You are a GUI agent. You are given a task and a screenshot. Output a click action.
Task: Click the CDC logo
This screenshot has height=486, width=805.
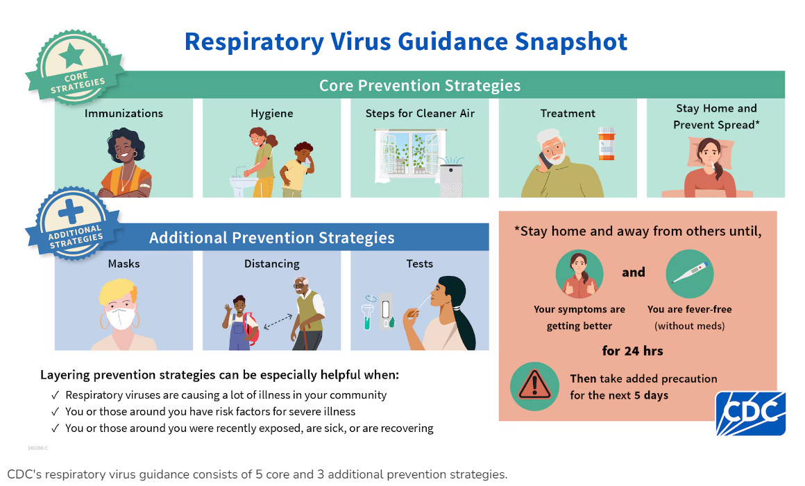tap(750, 413)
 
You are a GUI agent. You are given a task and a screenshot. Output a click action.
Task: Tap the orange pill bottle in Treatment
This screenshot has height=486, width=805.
tap(606, 144)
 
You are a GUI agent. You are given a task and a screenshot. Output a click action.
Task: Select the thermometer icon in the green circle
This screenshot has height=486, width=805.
tap(690, 274)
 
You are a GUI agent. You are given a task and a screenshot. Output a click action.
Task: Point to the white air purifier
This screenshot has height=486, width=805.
tap(451, 180)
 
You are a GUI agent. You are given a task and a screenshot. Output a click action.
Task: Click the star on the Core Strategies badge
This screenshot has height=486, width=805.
tap(71, 55)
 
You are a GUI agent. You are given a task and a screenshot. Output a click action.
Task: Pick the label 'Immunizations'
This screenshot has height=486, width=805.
tap(124, 113)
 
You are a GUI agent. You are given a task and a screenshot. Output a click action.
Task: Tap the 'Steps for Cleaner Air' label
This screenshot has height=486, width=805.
tap(420, 113)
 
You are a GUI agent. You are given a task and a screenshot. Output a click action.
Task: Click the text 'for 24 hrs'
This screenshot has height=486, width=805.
tap(632, 351)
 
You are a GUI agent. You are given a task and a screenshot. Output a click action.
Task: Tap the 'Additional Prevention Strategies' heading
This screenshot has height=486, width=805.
tap(271, 238)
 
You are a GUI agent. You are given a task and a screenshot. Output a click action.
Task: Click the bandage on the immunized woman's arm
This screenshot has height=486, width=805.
tap(145, 185)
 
